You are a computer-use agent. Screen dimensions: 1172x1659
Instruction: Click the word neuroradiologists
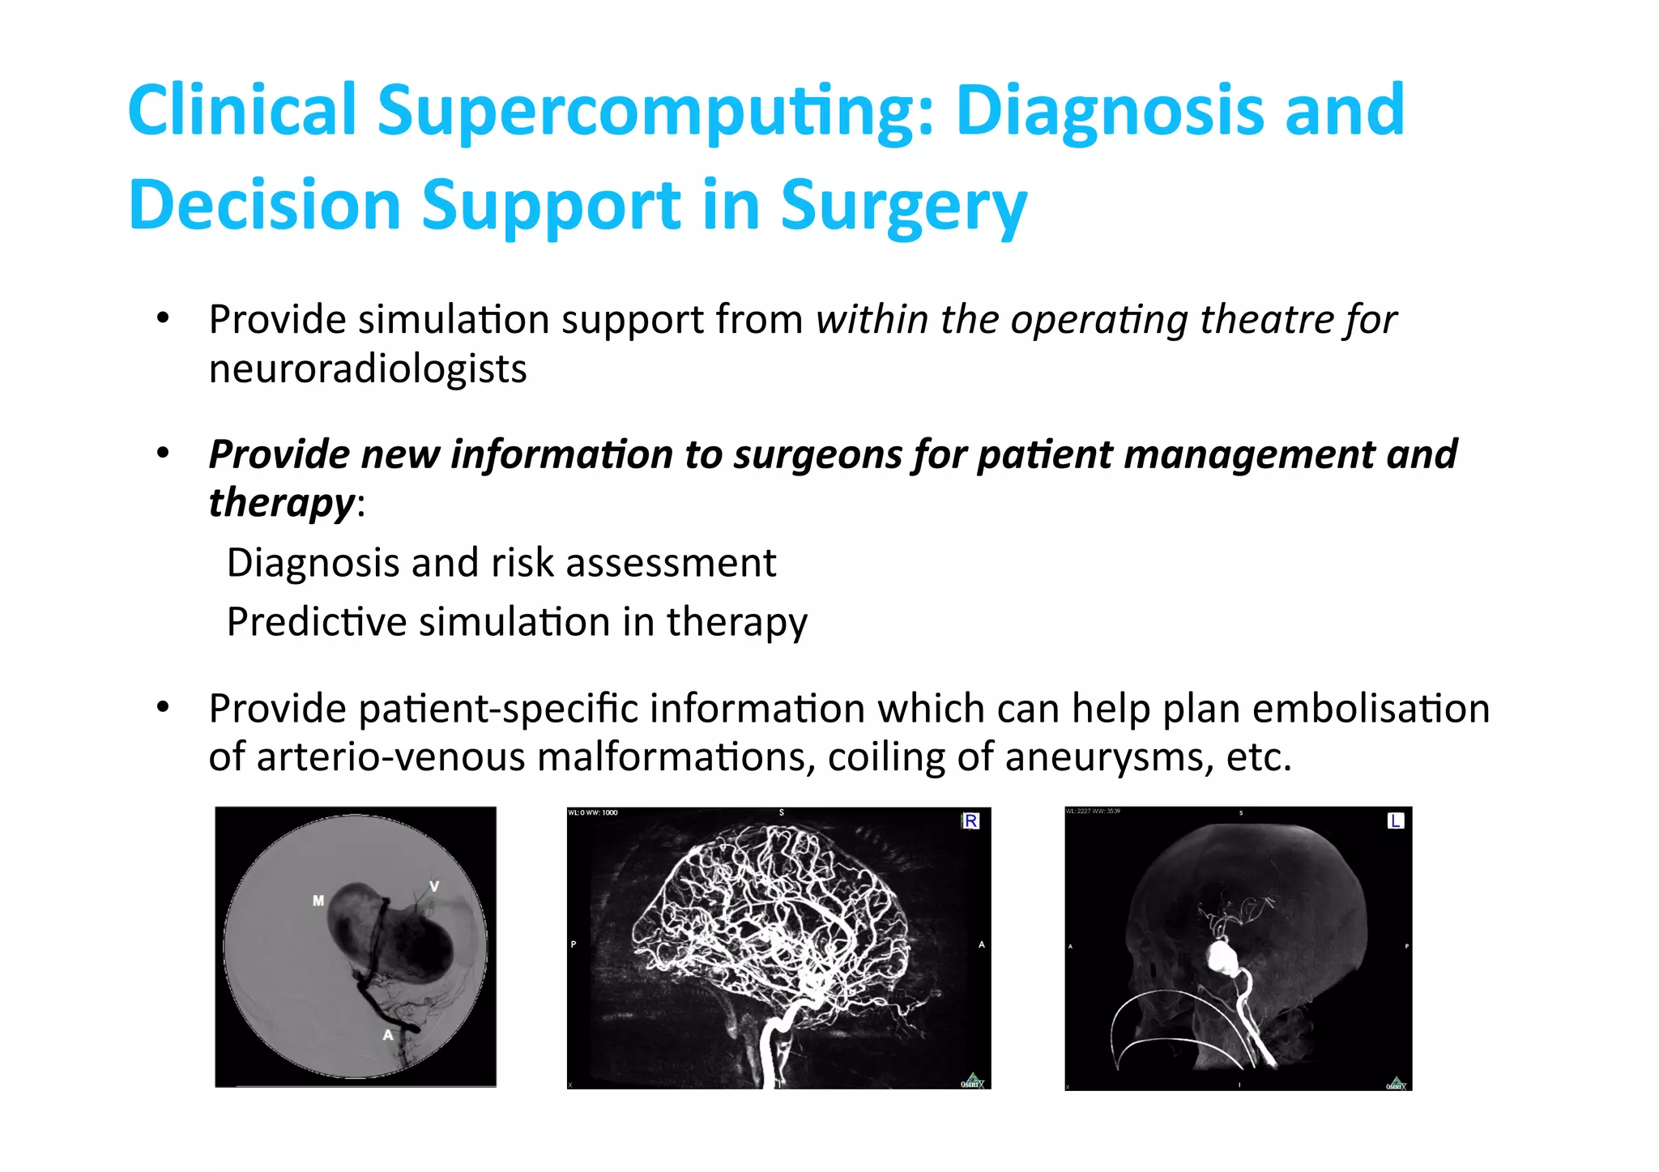[x=368, y=369]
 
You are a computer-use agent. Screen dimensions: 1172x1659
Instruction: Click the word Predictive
[x=317, y=622]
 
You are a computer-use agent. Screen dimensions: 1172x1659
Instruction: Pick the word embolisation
[x=1371, y=709]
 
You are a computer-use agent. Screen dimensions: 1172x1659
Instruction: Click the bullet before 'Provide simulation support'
[x=164, y=319]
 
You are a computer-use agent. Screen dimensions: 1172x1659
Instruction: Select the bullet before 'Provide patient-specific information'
[x=164, y=709]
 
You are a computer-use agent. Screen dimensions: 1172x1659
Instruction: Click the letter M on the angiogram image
[x=318, y=900]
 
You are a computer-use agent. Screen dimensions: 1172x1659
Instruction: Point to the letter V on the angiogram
[x=434, y=886]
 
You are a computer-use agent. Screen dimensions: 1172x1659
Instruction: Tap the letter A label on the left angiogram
[x=388, y=1034]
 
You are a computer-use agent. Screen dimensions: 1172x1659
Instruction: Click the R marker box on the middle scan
[x=970, y=821]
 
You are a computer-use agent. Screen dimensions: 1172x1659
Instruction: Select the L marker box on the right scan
[x=1395, y=821]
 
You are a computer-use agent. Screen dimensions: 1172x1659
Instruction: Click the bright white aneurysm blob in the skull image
[x=1221, y=958]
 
